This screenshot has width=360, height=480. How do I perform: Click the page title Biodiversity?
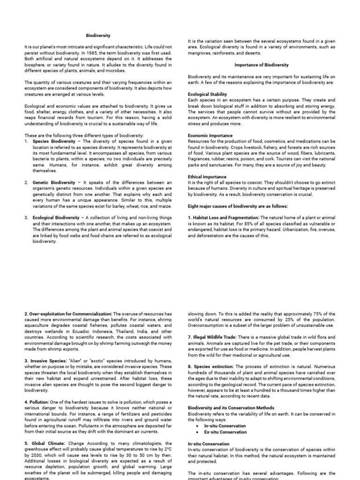[97, 35]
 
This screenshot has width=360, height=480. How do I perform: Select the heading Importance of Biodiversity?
[262, 65]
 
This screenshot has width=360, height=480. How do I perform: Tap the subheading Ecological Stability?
[207, 94]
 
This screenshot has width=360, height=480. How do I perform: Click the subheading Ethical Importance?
[207, 177]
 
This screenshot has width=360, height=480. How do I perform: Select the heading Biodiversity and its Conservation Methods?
[231, 408]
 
